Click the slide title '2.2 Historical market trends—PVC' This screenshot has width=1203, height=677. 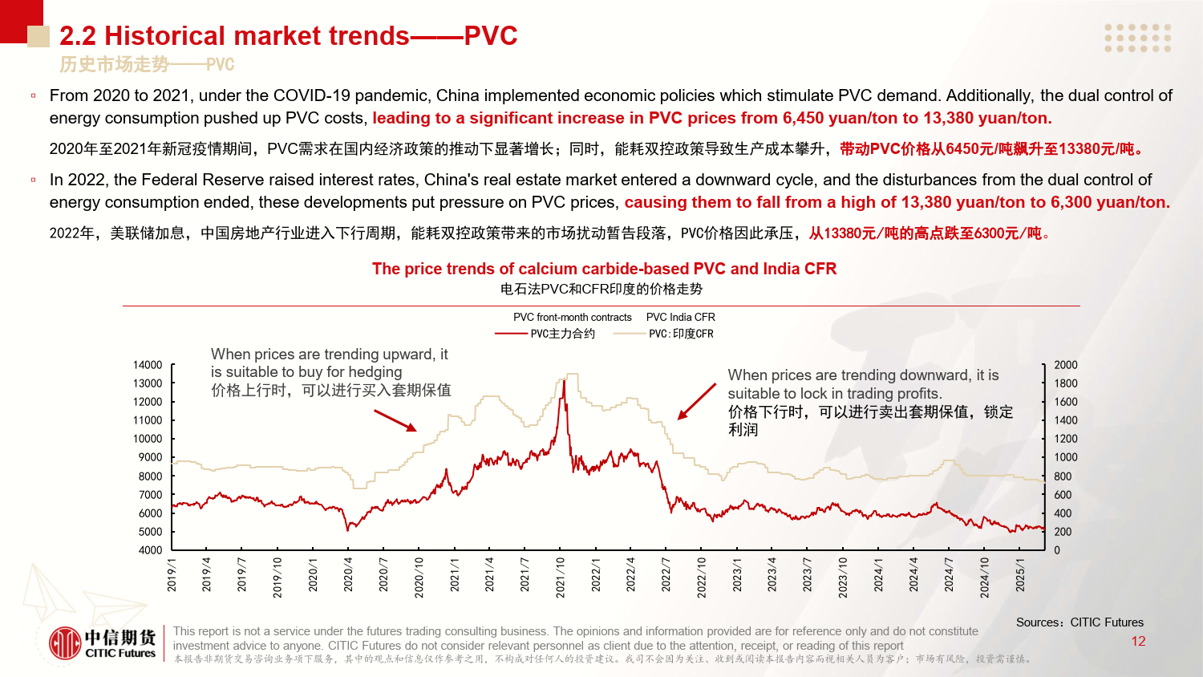tap(288, 36)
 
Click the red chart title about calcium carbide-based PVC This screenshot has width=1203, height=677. tap(604, 269)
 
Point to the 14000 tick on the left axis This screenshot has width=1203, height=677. tap(148, 365)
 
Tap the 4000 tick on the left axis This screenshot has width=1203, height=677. tap(150, 550)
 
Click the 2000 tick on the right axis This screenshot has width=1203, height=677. tap(1066, 365)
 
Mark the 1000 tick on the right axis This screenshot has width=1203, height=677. tap(1066, 457)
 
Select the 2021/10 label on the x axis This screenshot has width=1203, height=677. tap(561, 577)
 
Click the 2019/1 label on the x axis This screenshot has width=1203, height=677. tap(172, 575)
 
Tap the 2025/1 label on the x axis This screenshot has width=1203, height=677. tap(1020, 575)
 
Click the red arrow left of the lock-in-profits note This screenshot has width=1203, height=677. tap(696, 401)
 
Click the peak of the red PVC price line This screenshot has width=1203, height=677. tap(564, 382)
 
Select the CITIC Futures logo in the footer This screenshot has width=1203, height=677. tap(102, 643)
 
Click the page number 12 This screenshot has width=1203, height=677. tap(1138, 641)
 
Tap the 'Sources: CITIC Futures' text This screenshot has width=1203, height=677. tap(1079, 622)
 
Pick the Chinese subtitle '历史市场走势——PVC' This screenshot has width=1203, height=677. tap(147, 64)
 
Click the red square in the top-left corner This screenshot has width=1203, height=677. tap(21, 21)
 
